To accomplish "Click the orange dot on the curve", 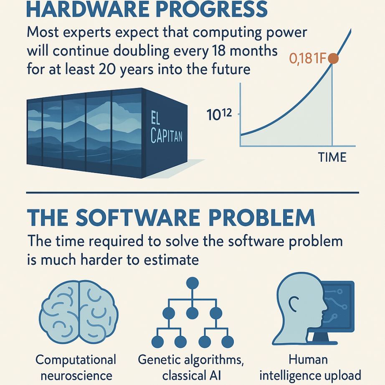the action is tap(333, 58).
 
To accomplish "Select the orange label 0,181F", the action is tap(307, 59).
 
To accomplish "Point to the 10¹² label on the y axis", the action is tap(219, 114).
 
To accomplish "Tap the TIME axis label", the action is tap(332, 157).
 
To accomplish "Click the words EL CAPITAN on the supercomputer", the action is tap(167, 127).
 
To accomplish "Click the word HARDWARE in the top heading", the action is tap(87, 9).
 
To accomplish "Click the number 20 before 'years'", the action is tap(107, 69).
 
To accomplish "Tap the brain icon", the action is tap(79, 312).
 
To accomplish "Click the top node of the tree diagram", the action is tap(192, 283).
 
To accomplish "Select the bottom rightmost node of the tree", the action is tap(228, 342).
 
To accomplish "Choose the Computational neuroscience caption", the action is tap(76, 367).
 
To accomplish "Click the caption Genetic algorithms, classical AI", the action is tap(191, 367).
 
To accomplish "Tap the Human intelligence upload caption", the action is tap(310, 367).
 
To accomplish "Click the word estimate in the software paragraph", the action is tap(171, 260).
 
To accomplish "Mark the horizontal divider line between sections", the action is tap(192, 193).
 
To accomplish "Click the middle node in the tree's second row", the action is tap(192, 313).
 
